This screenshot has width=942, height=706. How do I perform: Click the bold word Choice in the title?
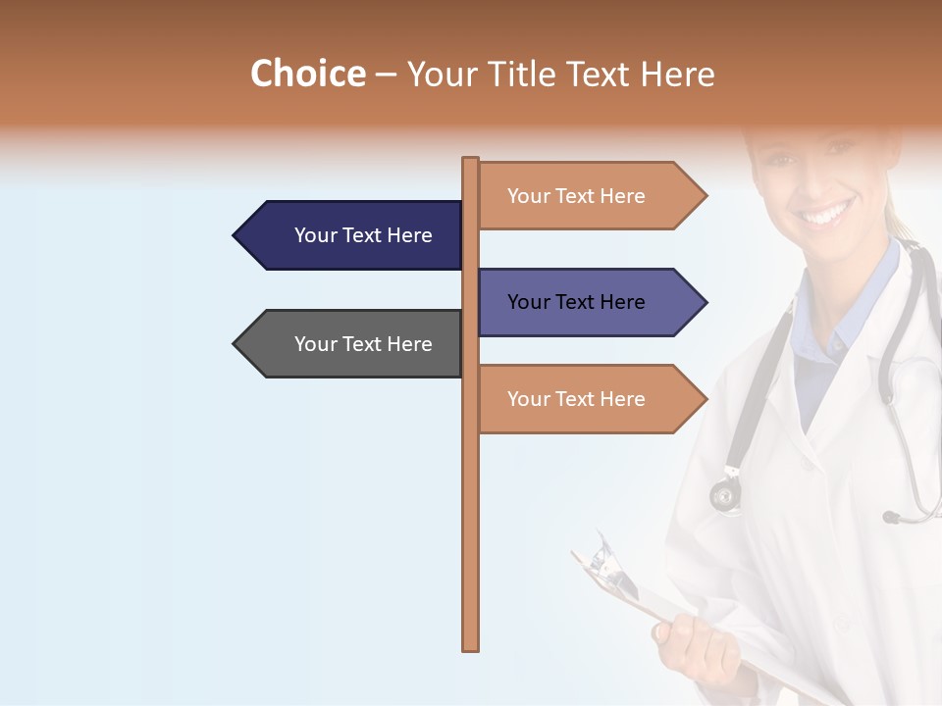pos(307,74)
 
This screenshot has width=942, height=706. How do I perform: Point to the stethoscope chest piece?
pos(726,495)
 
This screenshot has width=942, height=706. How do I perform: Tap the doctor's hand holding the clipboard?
pos(687,642)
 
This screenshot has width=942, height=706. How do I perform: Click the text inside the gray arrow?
pos(363,344)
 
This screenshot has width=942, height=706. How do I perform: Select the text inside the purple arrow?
pos(576,302)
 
